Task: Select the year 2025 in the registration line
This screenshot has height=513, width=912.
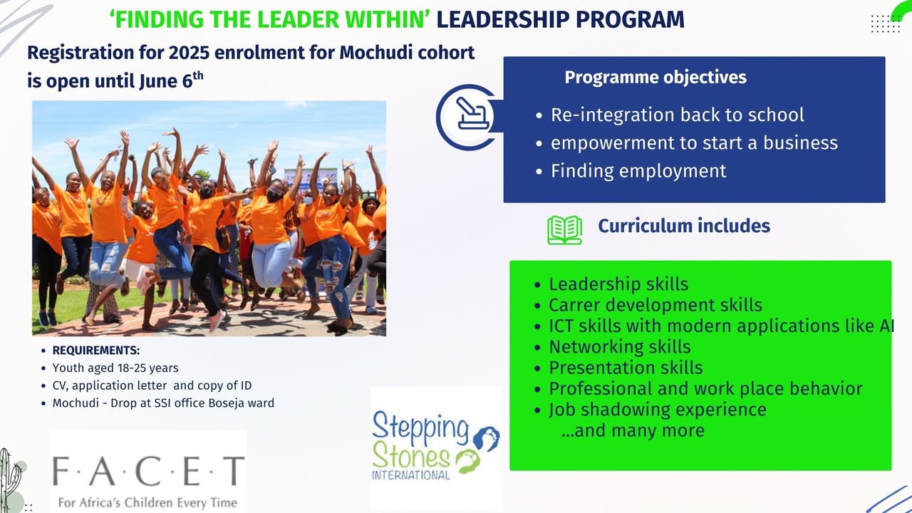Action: tap(189, 53)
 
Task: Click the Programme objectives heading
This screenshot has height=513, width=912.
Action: tap(655, 78)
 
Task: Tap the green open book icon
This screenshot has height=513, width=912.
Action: tap(565, 230)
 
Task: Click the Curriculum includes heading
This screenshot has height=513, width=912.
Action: tap(684, 226)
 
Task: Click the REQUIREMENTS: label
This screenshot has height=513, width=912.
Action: tap(96, 351)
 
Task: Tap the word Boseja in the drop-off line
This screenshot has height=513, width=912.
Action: tap(225, 403)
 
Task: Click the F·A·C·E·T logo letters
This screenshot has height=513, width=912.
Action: tap(149, 471)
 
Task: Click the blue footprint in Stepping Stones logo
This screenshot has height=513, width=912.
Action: tap(487, 438)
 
